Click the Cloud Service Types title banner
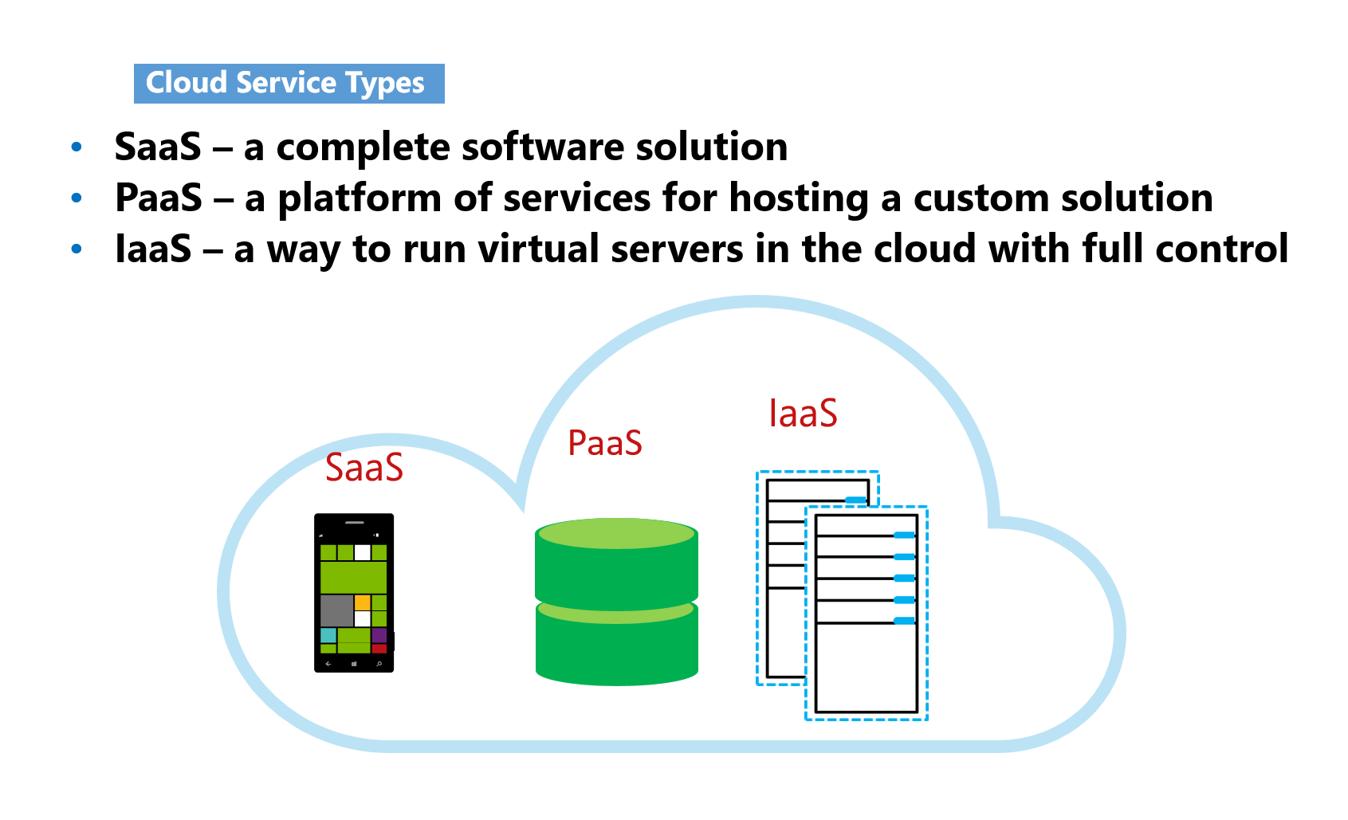[x=289, y=84]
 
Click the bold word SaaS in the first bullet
[x=158, y=147]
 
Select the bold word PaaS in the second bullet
[x=159, y=198]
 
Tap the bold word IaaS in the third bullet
[x=153, y=249]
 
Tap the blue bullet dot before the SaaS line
[x=77, y=147]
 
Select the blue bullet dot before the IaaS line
[x=77, y=249]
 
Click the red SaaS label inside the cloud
[x=364, y=468]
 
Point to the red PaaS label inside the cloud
[x=604, y=443]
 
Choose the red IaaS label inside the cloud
[x=803, y=414]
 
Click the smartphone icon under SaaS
[x=354, y=593]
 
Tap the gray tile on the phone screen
[x=336, y=610]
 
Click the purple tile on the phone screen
[x=379, y=635]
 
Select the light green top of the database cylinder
[x=616, y=533]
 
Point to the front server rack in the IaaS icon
[x=867, y=614]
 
